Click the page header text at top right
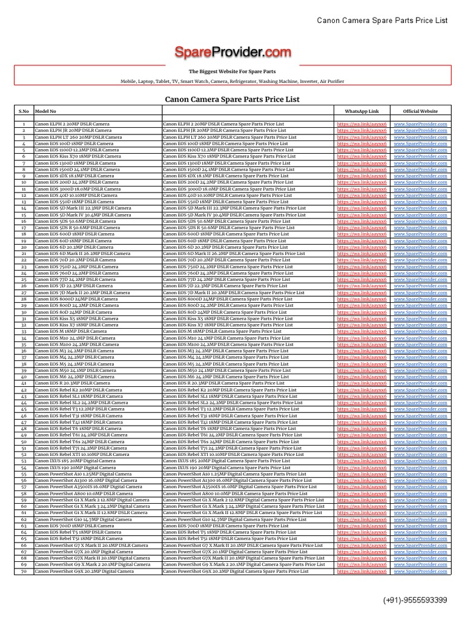tap(382, 21)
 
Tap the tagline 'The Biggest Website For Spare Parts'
tap(232, 71)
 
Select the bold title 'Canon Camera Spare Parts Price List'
tap(232, 99)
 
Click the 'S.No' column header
tap(24, 111)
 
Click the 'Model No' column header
tap(45, 111)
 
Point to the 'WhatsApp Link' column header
tap(361, 111)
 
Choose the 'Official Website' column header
tap(420, 111)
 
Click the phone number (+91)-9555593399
tap(415, 600)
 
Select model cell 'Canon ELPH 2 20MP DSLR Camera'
tap(72, 124)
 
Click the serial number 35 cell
tap(24, 344)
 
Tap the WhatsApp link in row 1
tap(361, 124)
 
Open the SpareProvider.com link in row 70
tap(420, 571)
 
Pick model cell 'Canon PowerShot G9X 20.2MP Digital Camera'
tap(84, 571)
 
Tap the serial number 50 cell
tap(24, 441)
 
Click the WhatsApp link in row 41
tap(361, 383)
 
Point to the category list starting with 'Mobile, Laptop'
tap(232, 81)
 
